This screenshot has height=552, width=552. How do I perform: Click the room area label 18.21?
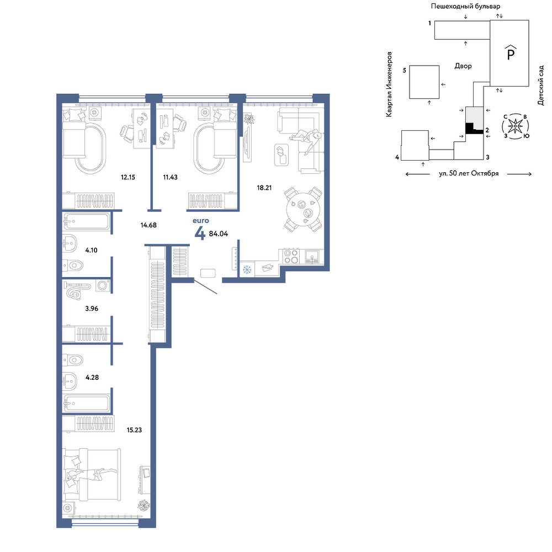point(264,188)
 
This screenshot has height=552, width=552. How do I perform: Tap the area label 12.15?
point(128,177)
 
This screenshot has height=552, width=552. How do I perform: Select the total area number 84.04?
point(218,233)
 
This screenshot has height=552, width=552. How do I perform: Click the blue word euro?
point(201,221)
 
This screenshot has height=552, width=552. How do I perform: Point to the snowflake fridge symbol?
point(247,270)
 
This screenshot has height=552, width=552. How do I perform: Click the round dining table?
point(303,209)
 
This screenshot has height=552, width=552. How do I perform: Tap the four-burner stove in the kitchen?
point(291,256)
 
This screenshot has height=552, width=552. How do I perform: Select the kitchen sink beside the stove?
point(312,257)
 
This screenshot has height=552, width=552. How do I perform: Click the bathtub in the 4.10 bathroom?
point(86,221)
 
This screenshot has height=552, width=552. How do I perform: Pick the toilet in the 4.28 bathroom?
point(72,360)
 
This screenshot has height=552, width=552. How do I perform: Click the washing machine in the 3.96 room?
point(103,285)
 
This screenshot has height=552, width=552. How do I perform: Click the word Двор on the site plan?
point(463,66)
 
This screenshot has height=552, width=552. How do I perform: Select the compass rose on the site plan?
point(516,126)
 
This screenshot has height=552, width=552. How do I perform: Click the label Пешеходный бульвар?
point(465,6)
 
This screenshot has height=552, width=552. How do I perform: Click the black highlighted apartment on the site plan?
point(472,128)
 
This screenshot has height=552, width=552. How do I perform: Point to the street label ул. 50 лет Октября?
point(469,173)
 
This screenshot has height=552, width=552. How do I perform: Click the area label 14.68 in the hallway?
point(148,225)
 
